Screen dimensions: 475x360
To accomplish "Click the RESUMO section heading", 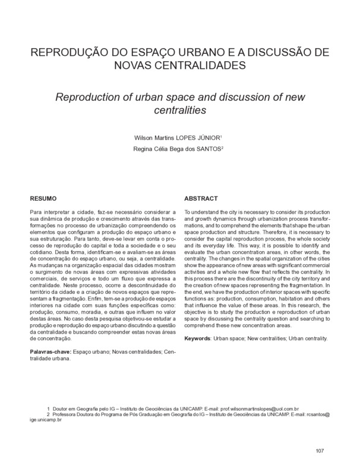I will tap(44, 198).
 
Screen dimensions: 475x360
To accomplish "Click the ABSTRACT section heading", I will tap(203, 198).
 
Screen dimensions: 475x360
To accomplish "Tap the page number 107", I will tap(320, 451).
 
